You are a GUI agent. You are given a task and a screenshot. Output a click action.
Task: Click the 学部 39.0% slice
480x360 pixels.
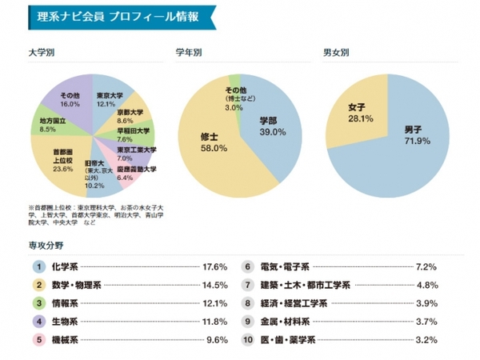(x=273, y=126)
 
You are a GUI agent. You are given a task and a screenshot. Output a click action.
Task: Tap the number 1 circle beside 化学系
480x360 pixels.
(x=36, y=266)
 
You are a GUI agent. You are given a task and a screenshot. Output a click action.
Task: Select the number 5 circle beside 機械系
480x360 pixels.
(x=36, y=340)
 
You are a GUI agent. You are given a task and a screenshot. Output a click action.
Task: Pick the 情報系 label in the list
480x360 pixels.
(x=65, y=303)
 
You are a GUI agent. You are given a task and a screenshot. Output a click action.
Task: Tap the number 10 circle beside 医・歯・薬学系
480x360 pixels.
(x=248, y=340)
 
